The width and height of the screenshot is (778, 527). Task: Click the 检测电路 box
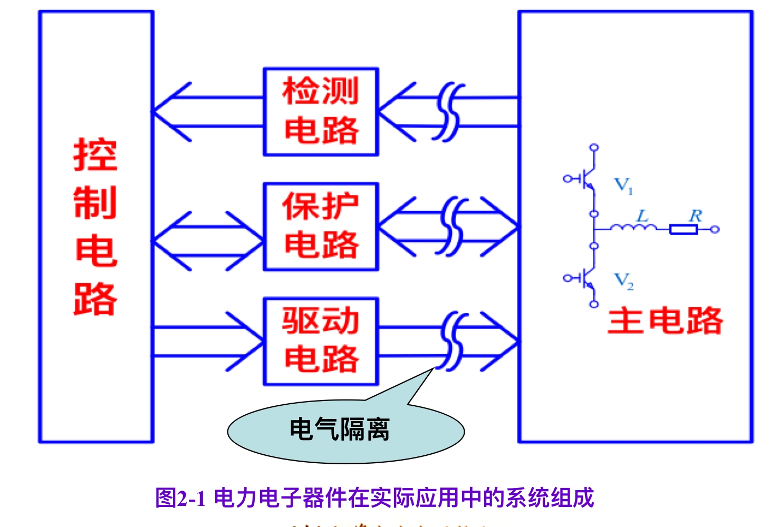pos(321,112)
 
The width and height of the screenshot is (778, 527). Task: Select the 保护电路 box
pos(321,227)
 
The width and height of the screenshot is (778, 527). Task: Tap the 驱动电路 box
pos(321,341)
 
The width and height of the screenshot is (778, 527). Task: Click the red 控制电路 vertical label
pos(95,227)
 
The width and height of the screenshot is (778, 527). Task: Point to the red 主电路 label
pos(665,320)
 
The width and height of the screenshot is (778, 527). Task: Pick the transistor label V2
pos(623,280)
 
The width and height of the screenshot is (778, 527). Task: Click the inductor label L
pos(642,216)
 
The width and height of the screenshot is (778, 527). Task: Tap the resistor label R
pos(696,216)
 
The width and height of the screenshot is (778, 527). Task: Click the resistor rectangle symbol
pos(684,229)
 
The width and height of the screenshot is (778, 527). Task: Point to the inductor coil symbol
pos(633,228)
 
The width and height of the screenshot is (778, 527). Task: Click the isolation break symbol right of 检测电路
pos(449,112)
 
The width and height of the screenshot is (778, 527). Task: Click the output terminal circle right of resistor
pos(715,229)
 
